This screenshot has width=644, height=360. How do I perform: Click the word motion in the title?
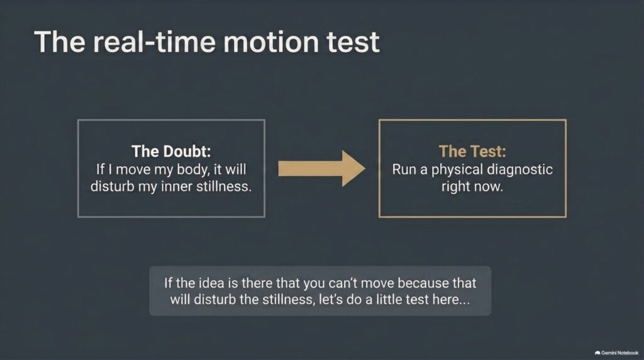[270, 42]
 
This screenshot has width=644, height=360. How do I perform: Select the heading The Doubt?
[171, 151]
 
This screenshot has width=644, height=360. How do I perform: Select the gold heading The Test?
[472, 151]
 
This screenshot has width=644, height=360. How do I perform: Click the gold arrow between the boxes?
[321, 169]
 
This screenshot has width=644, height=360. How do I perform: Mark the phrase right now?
[472, 186]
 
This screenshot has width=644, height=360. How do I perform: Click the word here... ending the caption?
[450, 300]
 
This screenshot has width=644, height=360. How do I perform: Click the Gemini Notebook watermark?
[616, 352]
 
